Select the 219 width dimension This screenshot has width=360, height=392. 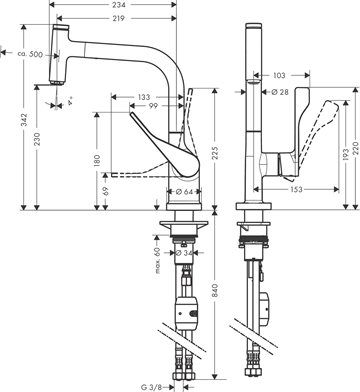click(x=117, y=18)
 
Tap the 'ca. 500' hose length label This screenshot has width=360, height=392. click(x=30, y=54)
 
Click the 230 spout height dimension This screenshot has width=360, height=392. click(x=37, y=140)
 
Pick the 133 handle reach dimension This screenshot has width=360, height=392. click(x=144, y=97)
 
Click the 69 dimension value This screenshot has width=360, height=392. click(x=106, y=191)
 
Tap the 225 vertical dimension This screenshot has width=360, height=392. click(x=215, y=154)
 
